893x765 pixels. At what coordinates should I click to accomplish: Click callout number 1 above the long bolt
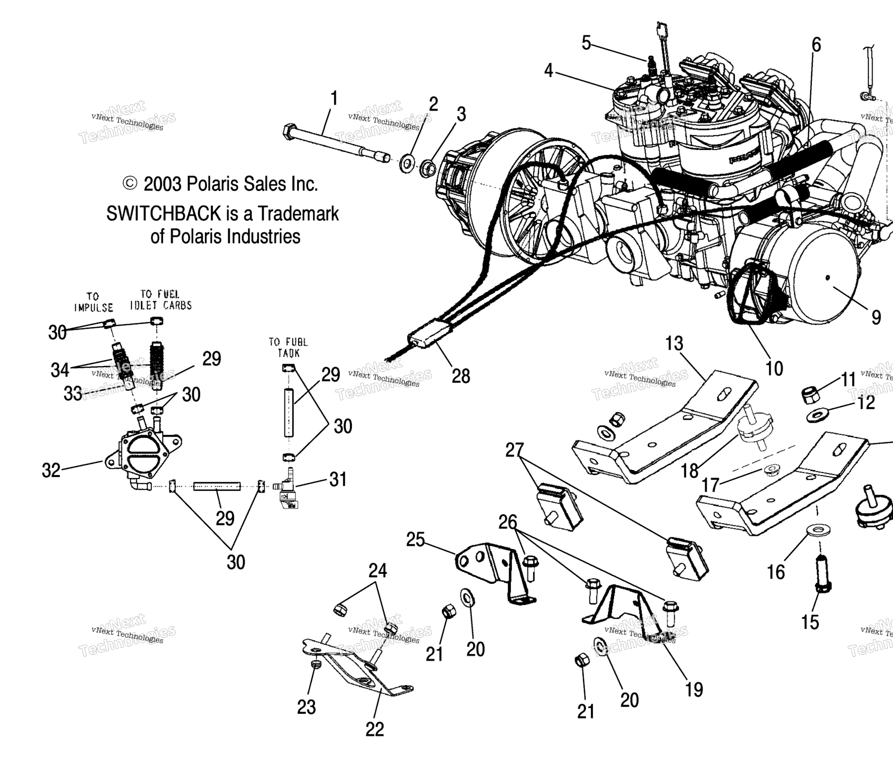tap(334, 99)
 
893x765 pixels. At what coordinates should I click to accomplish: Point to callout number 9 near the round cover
tap(876, 317)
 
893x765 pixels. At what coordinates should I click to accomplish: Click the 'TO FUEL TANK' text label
tap(288, 347)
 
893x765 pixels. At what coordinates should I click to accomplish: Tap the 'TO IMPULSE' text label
tap(93, 302)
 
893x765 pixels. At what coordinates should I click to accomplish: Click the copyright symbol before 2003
tap(130, 184)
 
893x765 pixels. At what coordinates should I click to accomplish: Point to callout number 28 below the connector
tap(460, 376)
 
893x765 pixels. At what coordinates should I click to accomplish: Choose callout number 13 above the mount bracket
tap(674, 344)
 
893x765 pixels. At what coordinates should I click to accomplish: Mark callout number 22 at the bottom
tap(375, 729)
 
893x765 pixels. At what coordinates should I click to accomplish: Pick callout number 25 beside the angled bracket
tap(415, 539)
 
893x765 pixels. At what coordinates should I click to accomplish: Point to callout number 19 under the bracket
tap(694, 689)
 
